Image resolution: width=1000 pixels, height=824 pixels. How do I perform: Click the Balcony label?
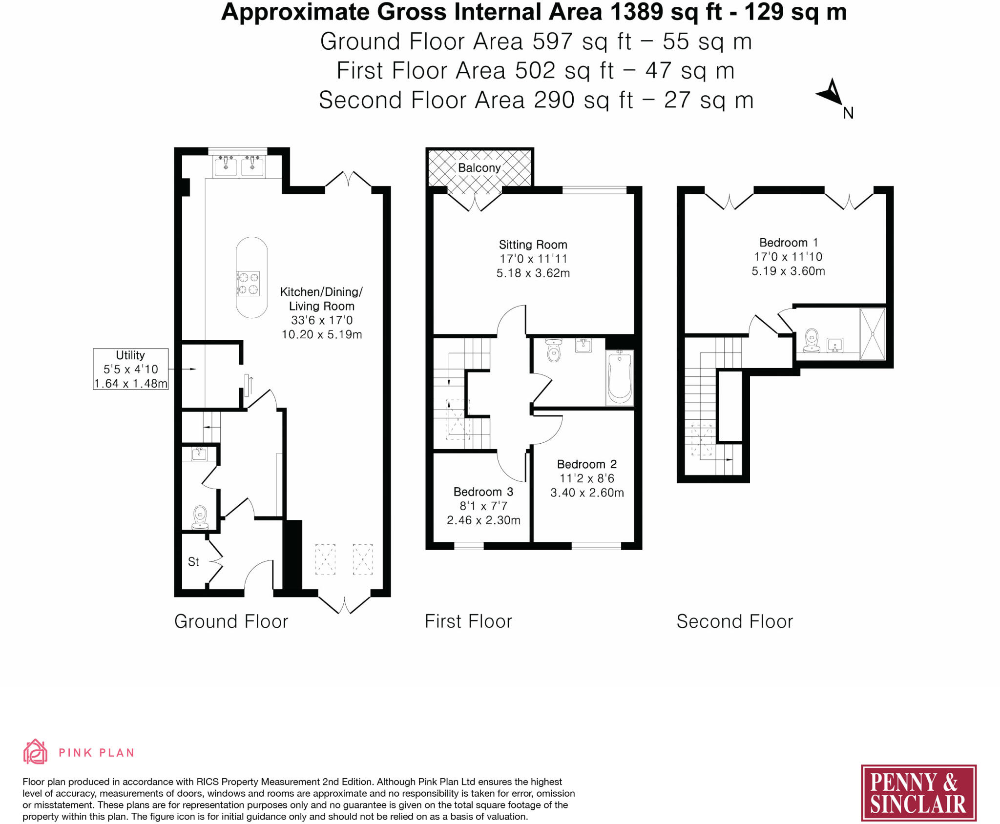(x=479, y=167)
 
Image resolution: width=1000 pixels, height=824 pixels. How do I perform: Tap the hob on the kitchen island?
(x=248, y=284)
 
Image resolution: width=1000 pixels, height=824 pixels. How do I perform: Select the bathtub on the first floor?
(x=620, y=377)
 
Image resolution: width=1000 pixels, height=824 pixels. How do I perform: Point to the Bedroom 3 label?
(x=483, y=492)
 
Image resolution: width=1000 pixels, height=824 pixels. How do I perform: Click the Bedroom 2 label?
(x=586, y=464)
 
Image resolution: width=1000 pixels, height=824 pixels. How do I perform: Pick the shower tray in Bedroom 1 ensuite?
(x=872, y=333)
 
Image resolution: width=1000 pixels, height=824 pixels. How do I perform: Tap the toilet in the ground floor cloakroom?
(x=200, y=517)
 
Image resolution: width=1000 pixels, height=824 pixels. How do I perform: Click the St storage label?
(x=193, y=562)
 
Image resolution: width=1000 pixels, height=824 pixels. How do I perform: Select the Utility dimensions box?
(x=131, y=369)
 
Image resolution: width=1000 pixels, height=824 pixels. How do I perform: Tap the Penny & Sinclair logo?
(x=918, y=793)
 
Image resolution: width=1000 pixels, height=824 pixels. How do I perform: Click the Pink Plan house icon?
(x=35, y=751)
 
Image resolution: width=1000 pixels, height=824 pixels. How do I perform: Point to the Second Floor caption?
(x=734, y=621)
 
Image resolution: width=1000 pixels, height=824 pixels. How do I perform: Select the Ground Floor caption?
(x=231, y=621)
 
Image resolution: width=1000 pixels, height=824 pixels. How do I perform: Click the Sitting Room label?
(x=533, y=244)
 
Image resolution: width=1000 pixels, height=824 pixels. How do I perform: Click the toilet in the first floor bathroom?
(x=554, y=350)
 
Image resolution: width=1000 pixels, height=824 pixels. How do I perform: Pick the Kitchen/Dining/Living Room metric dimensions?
(x=322, y=334)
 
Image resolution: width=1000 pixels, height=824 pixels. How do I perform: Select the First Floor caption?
(x=468, y=621)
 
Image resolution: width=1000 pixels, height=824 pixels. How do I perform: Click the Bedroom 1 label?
(x=788, y=242)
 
